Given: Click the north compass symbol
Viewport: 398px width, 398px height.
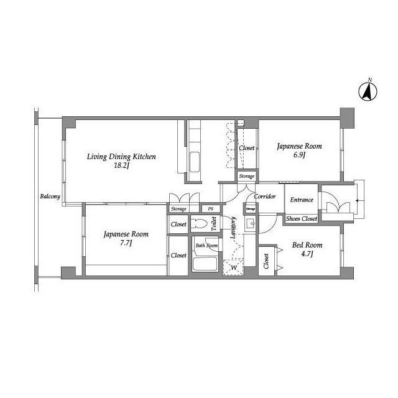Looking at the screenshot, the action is click(x=368, y=91).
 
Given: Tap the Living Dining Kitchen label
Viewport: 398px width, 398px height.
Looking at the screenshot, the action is click(x=121, y=157).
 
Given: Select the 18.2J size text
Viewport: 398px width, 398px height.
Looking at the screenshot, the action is click(x=122, y=166).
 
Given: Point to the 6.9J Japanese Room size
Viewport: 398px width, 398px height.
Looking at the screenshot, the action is click(x=299, y=155).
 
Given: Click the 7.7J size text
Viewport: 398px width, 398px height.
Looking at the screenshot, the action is click(x=126, y=243).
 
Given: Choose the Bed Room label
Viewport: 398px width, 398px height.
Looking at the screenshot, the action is click(x=307, y=245).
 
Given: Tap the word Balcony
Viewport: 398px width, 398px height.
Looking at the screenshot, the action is click(x=50, y=197).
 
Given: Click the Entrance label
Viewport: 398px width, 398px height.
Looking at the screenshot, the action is click(x=302, y=200).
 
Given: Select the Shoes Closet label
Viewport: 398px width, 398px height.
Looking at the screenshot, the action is click(x=302, y=218).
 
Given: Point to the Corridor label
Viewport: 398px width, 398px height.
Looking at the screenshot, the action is click(x=265, y=197).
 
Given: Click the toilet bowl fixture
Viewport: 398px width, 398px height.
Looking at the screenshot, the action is click(x=200, y=224).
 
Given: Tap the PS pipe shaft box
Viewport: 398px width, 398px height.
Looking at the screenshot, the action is click(x=210, y=209).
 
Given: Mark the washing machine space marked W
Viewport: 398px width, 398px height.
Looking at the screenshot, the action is click(x=233, y=267).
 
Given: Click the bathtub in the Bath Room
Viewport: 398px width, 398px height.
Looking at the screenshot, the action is click(x=205, y=264).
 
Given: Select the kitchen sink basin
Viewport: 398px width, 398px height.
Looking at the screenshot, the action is click(x=195, y=162).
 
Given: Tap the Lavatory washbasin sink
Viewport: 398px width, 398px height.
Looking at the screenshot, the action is click(x=250, y=224).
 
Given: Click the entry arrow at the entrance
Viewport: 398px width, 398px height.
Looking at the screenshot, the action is click(x=360, y=200).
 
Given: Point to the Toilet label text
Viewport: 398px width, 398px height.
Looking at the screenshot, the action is click(x=214, y=224).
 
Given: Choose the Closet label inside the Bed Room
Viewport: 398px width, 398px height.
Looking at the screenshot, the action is click(x=266, y=261).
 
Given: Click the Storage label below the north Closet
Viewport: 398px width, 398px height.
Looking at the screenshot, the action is click(x=247, y=176).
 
